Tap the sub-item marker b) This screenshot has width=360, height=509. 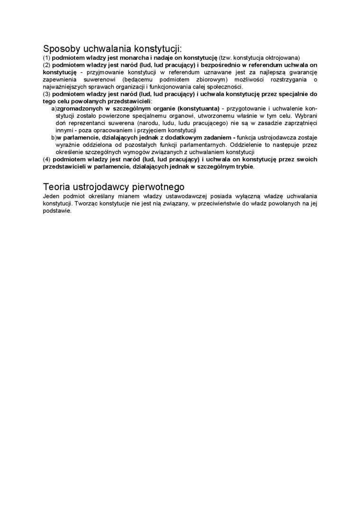point(54,138)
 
